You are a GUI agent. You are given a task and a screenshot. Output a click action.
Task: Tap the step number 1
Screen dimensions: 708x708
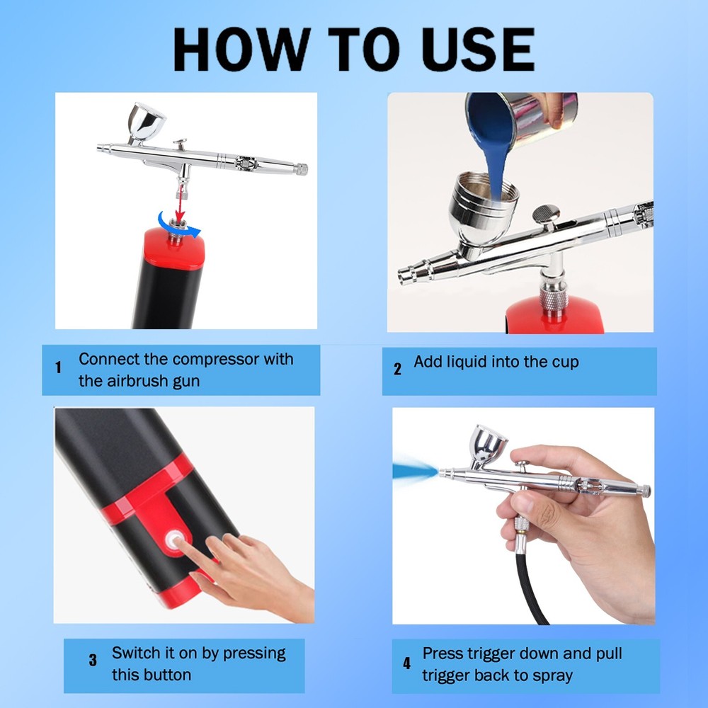tap(58, 368)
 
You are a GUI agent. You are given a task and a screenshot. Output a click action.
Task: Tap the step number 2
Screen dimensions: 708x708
tap(397, 369)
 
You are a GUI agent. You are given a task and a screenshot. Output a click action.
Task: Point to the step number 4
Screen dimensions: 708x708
tap(406, 663)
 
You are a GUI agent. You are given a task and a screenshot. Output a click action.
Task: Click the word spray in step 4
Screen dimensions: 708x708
tap(549, 675)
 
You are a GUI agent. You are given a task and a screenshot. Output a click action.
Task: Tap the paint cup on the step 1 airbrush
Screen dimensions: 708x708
tap(145, 120)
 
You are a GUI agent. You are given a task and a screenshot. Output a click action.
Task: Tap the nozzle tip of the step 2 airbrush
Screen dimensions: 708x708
tap(404, 275)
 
